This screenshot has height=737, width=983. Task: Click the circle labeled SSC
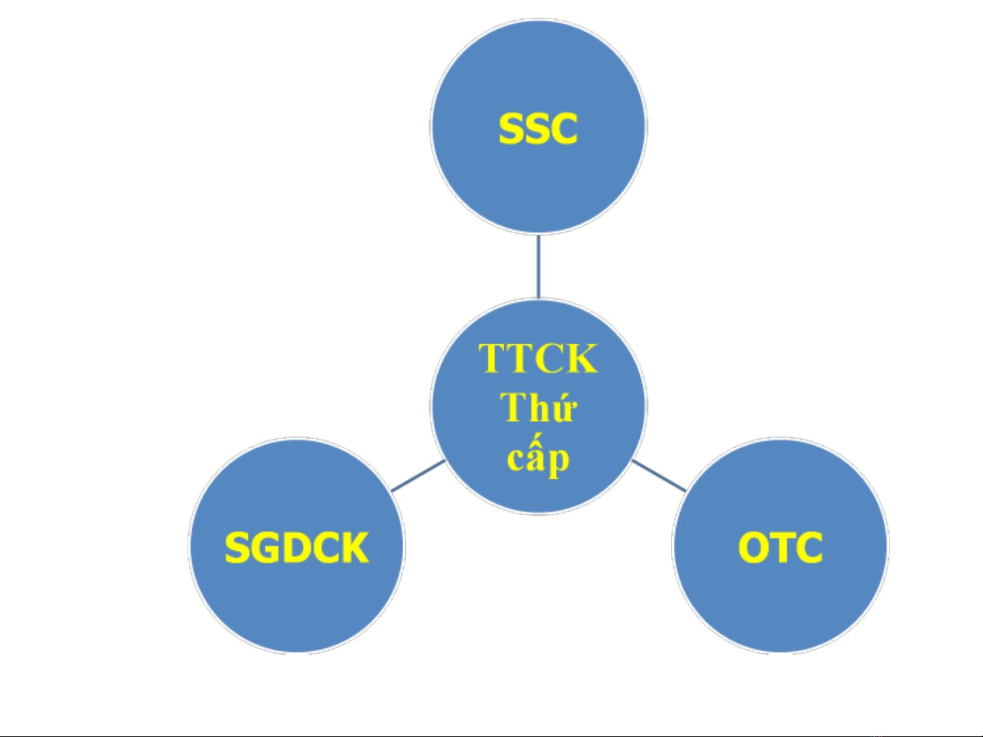538,127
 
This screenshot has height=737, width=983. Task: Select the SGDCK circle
297,545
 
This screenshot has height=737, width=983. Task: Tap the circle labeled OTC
780,545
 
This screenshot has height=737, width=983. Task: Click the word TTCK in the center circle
538,358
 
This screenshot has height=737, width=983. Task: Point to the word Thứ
538,406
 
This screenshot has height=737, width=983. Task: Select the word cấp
538,456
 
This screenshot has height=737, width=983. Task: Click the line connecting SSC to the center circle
538,267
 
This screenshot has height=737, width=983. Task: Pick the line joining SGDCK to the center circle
418,476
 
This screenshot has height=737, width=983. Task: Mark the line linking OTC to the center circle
659,476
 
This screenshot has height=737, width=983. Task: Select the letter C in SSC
564,128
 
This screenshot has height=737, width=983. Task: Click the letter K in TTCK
581,358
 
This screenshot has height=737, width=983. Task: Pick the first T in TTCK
493,358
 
